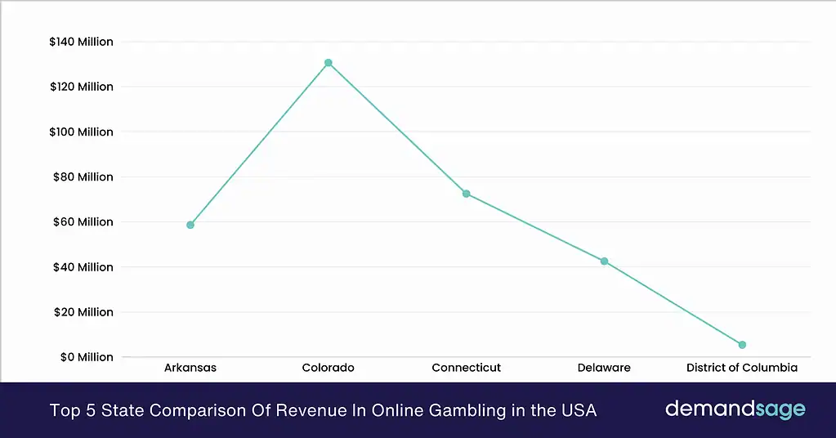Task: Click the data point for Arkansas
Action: (x=190, y=225)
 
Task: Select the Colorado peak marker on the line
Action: (x=329, y=63)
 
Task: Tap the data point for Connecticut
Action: (x=466, y=194)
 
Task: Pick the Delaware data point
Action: (x=604, y=261)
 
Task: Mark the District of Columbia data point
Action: (x=742, y=345)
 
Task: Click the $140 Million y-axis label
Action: (x=82, y=42)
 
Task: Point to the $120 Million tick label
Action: (x=82, y=87)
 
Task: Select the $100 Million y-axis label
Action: (x=82, y=132)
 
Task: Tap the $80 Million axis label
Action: (x=83, y=177)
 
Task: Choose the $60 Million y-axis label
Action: (x=83, y=221)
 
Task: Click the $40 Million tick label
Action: (x=83, y=267)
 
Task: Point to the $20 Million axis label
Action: (x=83, y=312)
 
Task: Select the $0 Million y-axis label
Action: (x=85, y=357)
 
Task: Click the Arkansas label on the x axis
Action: (x=190, y=368)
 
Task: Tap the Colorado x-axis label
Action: (x=329, y=368)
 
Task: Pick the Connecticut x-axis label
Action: (x=466, y=368)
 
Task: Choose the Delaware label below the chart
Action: (x=604, y=368)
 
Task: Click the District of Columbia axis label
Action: (x=742, y=368)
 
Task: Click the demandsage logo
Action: (x=735, y=409)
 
